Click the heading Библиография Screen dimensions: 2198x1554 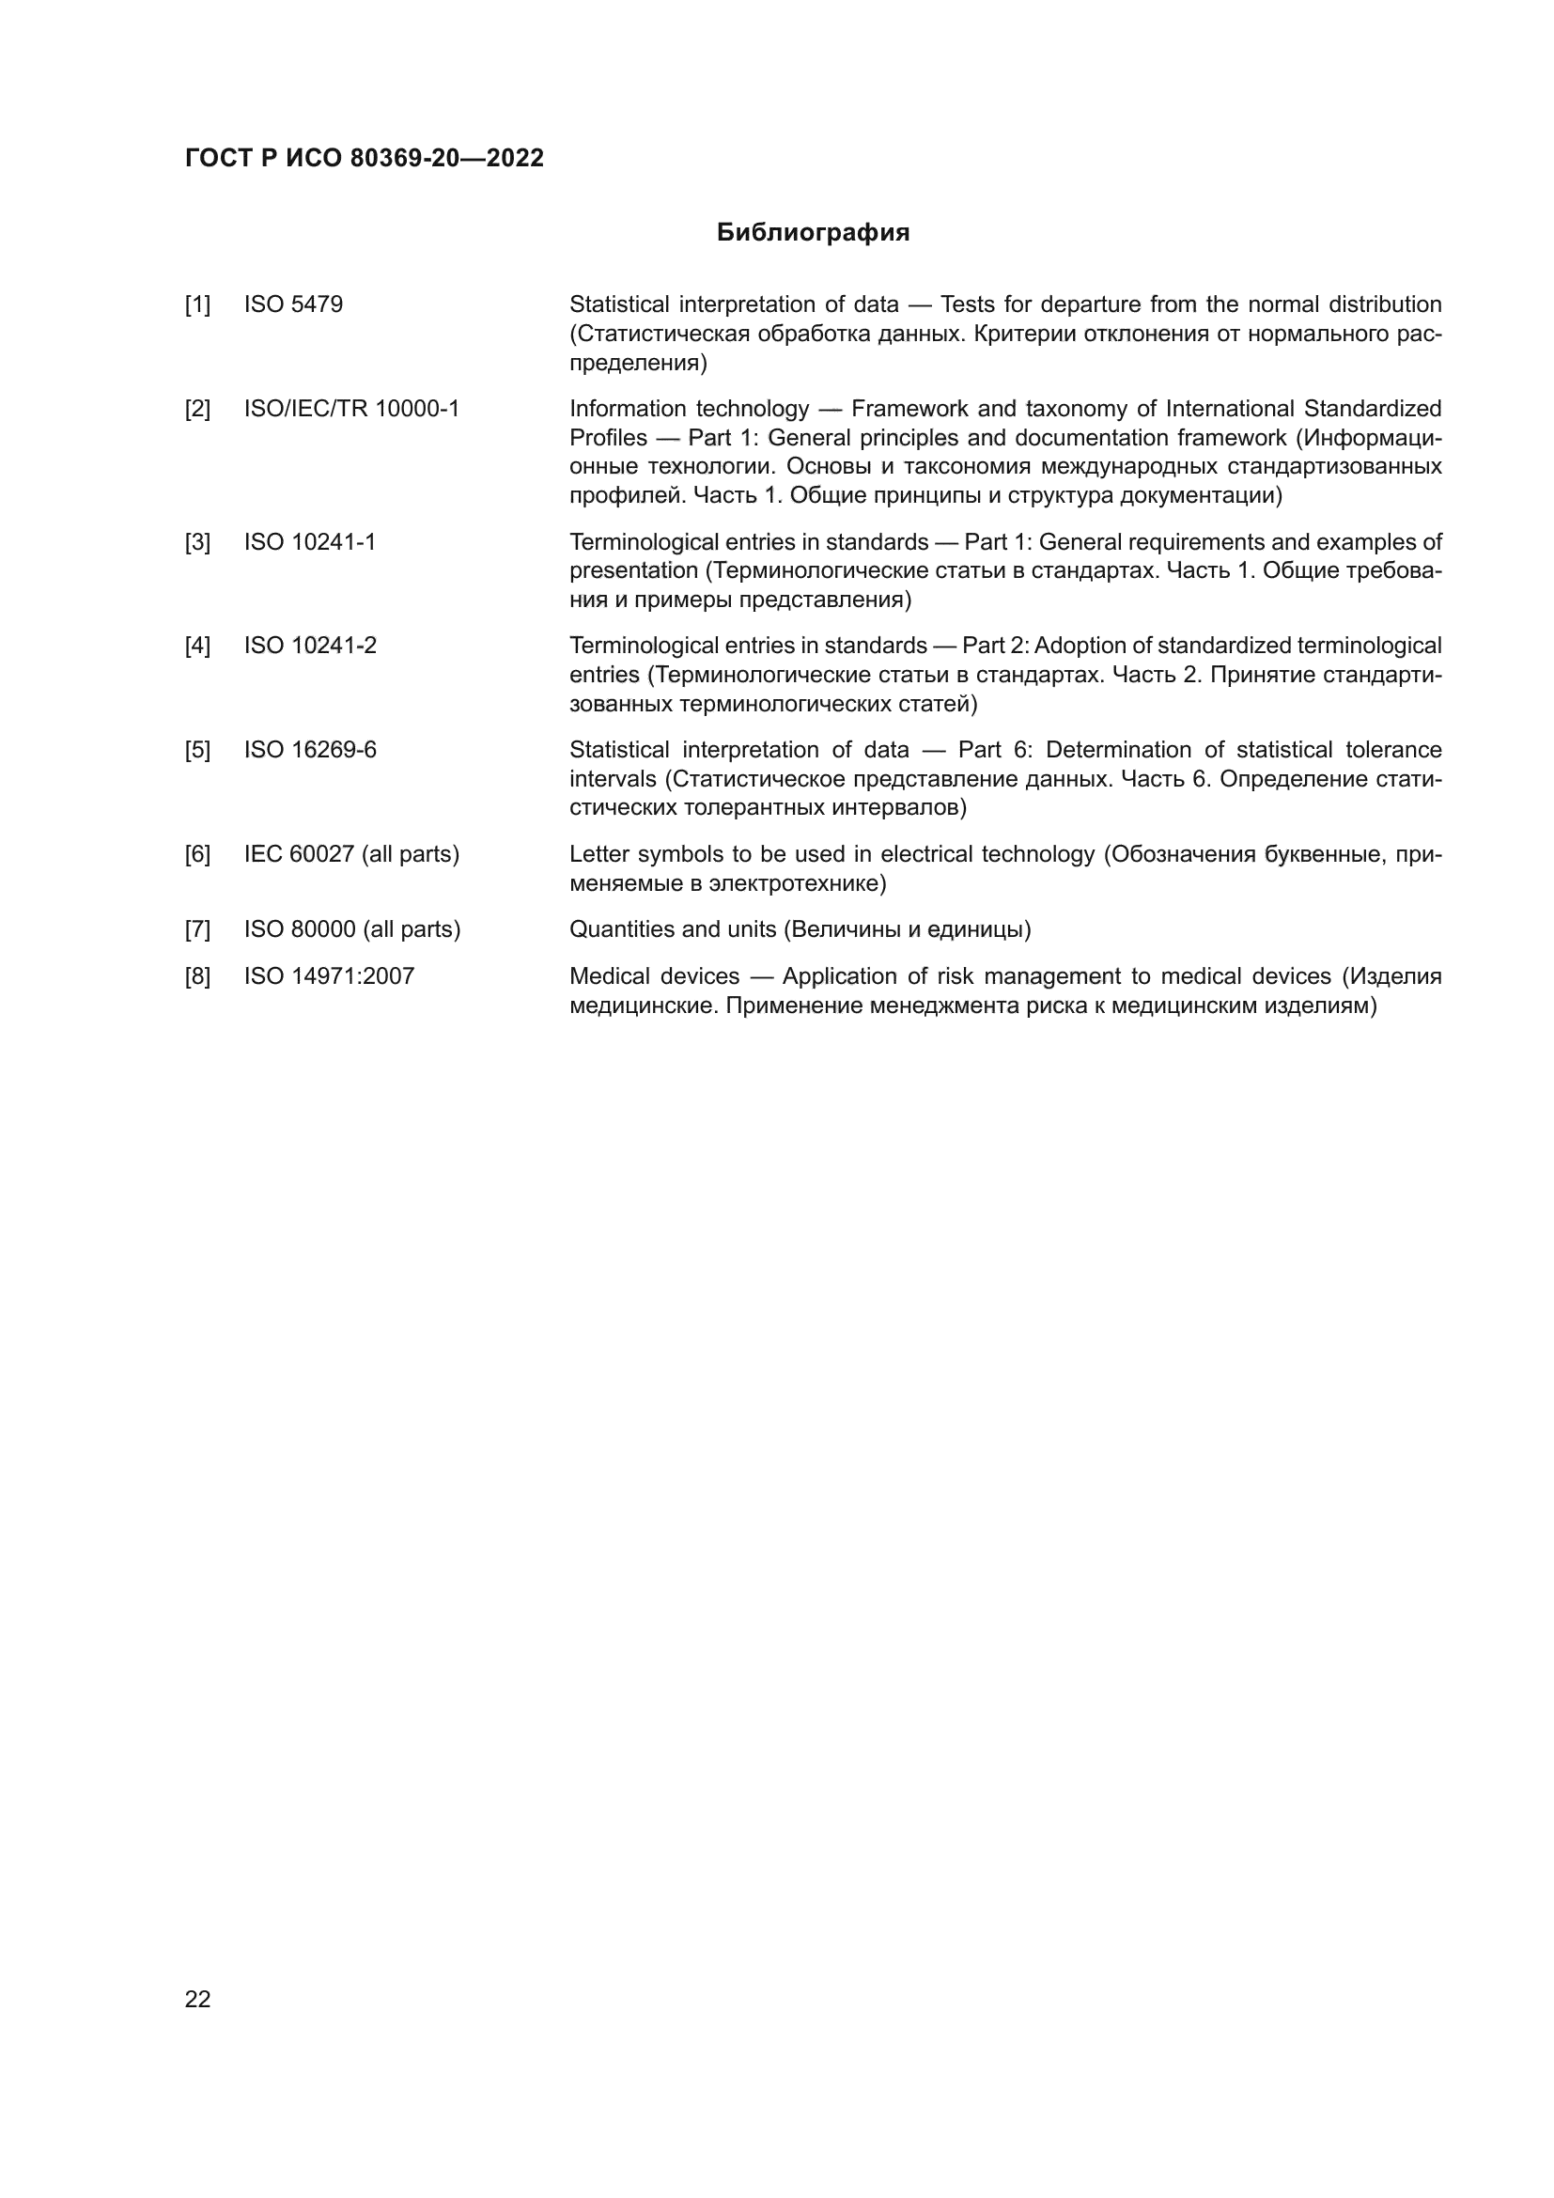[x=813, y=233]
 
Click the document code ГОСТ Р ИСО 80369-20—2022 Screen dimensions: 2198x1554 [x=364, y=158]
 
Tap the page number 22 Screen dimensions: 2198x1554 [x=197, y=1999]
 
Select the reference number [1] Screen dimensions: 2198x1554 [x=197, y=305]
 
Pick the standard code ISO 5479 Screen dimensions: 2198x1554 [x=293, y=304]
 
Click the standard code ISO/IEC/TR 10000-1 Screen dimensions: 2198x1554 [x=351, y=409]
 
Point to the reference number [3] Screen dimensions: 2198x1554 [x=197, y=543]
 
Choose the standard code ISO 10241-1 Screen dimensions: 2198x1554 [x=310, y=542]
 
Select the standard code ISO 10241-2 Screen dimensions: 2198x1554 [x=310, y=646]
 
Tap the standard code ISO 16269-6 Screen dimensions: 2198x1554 [x=310, y=750]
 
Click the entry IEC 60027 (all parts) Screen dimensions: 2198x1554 [x=351, y=854]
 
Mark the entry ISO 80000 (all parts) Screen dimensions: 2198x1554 [x=352, y=929]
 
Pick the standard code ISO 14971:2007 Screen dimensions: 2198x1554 [x=329, y=976]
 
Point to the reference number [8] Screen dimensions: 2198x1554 [x=197, y=977]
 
